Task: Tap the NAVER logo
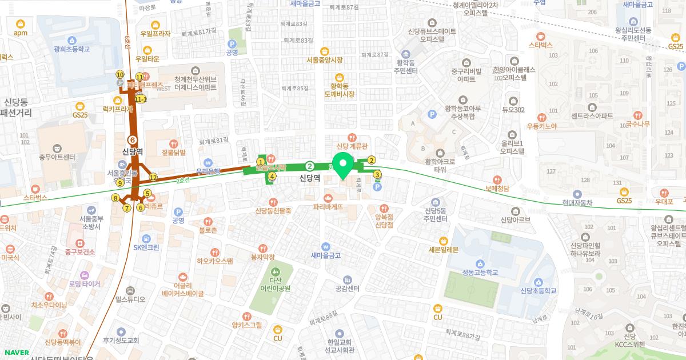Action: (x=15, y=353)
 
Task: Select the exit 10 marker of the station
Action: (x=120, y=74)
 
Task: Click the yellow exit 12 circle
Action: (x=153, y=178)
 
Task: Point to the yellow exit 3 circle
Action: (x=377, y=175)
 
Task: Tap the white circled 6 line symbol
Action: (x=133, y=139)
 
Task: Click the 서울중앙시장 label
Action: (x=324, y=59)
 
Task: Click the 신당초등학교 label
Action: (x=538, y=291)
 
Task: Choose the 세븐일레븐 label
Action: (x=443, y=249)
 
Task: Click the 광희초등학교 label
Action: (x=72, y=49)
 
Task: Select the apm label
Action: (x=21, y=33)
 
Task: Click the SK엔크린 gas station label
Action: (x=146, y=247)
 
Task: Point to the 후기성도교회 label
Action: (x=121, y=340)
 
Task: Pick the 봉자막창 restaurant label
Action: (x=262, y=257)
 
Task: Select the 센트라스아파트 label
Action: (x=592, y=115)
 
